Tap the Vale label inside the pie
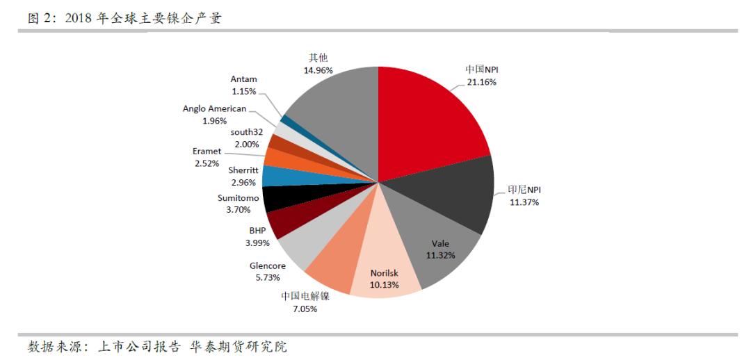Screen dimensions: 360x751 point(440,243)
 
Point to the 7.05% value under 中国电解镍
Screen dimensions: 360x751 point(305,309)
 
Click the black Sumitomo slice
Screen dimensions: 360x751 point(275,198)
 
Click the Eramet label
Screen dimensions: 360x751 point(207,151)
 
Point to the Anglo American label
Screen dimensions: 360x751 point(214,109)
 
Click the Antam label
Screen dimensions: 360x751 point(243,79)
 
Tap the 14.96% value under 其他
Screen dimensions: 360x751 point(318,70)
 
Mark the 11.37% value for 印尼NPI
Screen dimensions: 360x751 point(524,202)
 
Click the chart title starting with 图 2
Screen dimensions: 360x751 point(124,19)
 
